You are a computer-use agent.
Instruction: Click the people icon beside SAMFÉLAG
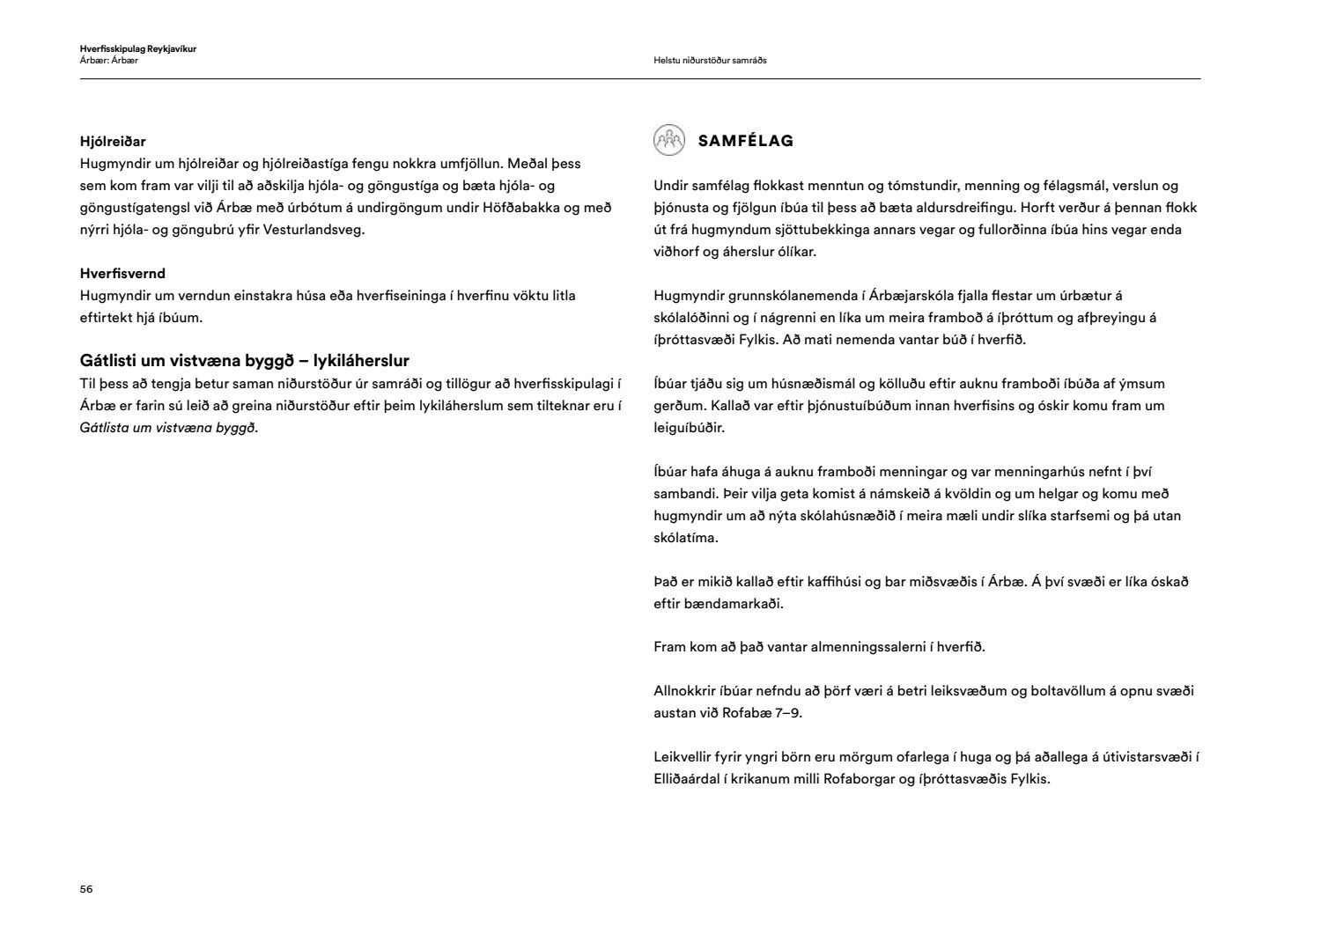point(668,140)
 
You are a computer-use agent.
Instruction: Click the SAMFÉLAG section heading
point(745,141)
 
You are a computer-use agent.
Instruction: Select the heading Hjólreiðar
point(113,141)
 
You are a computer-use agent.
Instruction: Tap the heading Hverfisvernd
point(122,274)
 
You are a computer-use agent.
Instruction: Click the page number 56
point(86,889)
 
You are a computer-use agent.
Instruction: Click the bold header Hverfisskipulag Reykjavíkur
point(137,48)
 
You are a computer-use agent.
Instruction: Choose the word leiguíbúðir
point(689,428)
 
